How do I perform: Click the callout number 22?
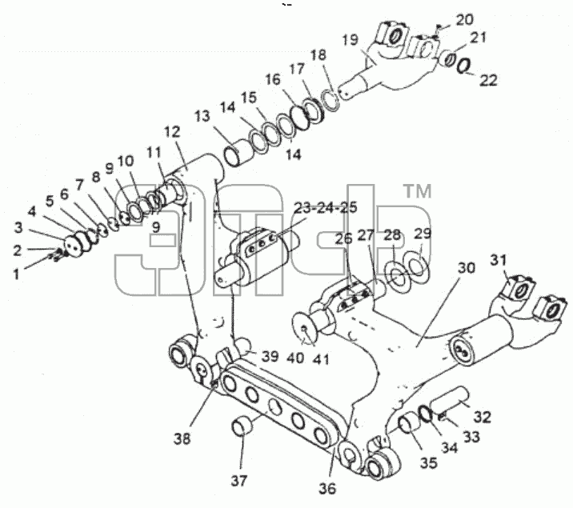(488, 80)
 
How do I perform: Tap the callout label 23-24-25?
(326, 207)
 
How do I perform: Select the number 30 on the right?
(467, 268)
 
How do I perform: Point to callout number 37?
(239, 481)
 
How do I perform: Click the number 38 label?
(182, 438)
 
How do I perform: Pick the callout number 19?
(350, 39)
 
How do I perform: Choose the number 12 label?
(172, 132)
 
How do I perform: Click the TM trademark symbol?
(417, 191)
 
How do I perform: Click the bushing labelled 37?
(242, 426)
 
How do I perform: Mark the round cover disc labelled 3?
(74, 245)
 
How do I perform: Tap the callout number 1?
(16, 274)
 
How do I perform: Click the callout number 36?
(327, 488)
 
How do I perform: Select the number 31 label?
(499, 260)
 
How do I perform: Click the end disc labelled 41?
(304, 328)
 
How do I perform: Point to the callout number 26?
(344, 238)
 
